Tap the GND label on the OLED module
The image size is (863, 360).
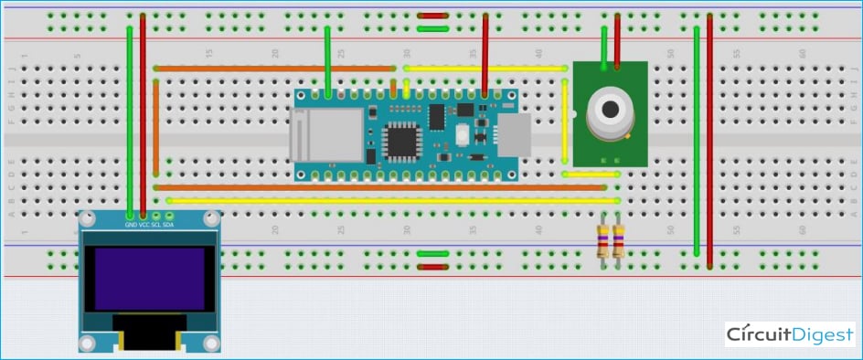coord(131,224)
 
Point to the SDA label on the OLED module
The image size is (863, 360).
coord(168,224)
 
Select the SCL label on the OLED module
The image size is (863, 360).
coord(155,224)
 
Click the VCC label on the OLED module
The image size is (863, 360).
coord(144,224)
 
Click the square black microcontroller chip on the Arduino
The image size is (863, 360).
coord(400,142)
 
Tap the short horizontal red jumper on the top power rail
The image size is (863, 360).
coord(431,16)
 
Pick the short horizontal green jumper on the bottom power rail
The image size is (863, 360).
coord(431,254)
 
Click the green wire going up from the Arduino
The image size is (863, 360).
coord(328,59)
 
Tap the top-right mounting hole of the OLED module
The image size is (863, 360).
coord(210,219)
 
